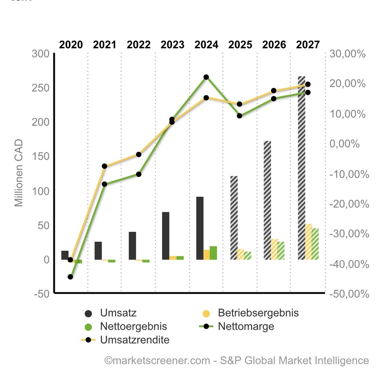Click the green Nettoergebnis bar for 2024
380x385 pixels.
point(213,253)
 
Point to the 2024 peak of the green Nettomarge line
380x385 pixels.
point(206,77)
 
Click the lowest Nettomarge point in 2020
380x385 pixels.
point(70,277)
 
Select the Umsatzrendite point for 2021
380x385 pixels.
point(104,166)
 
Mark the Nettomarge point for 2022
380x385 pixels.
point(139,174)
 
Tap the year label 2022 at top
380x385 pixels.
point(139,45)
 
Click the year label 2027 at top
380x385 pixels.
point(308,45)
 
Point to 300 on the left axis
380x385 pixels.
point(40,54)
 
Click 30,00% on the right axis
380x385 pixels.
point(347,54)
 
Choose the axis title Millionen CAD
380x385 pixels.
point(19,173)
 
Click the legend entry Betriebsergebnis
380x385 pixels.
point(258,313)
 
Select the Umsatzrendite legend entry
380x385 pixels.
point(135,340)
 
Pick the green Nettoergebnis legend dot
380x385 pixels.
point(88,326)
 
